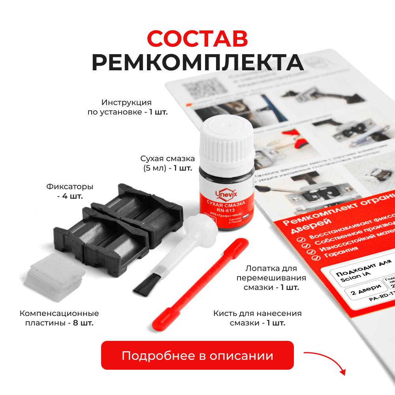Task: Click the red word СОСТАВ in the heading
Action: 197,38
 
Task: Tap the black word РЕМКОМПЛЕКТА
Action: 197,62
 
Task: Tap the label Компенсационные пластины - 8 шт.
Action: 59,318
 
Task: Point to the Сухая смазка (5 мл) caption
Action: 167,163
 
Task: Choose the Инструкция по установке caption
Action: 127,107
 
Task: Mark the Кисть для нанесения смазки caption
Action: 257,318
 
